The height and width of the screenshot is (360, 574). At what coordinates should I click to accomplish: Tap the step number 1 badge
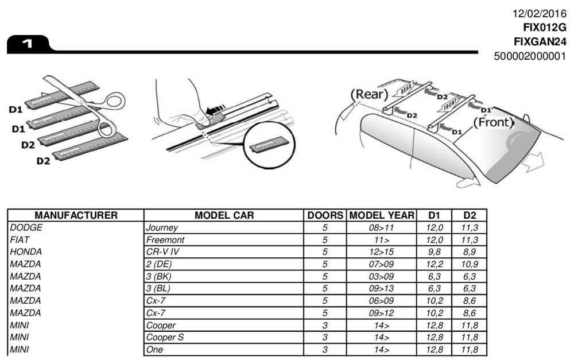[27, 44]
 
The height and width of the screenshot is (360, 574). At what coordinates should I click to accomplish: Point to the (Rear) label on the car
[369, 94]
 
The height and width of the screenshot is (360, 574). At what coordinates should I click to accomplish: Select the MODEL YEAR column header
[382, 215]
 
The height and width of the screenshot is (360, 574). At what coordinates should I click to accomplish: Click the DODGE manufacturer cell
[26, 227]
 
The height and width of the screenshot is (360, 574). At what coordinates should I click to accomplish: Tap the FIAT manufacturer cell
[21, 239]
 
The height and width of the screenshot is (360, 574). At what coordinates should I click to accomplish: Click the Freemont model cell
[165, 239]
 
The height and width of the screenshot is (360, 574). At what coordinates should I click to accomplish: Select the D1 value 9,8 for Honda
[435, 252]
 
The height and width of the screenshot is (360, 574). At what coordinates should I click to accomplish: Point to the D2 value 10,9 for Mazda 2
[470, 264]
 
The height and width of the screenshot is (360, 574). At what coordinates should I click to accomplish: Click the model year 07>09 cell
[382, 264]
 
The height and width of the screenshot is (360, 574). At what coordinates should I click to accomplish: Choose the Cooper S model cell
[165, 338]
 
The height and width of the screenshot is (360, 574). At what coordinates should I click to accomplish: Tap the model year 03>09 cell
[382, 276]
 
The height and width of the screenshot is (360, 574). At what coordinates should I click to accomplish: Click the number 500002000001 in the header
[530, 56]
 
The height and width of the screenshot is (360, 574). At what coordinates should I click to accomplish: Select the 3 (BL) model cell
[159, 289]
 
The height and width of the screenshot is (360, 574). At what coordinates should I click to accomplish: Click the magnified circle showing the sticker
[267, 147]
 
